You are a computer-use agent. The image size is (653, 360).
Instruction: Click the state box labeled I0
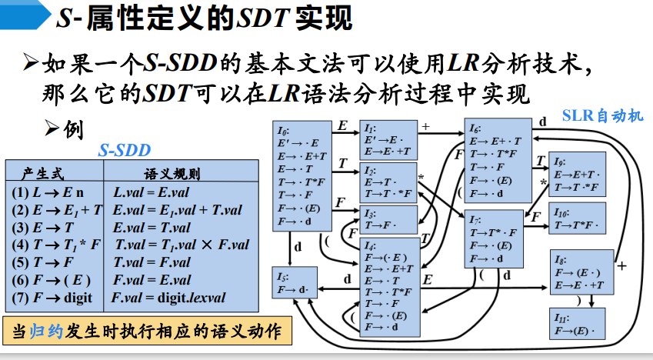point(302,175)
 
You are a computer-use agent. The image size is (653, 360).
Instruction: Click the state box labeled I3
point(388,218)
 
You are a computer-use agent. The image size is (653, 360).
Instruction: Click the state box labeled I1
point(388,140)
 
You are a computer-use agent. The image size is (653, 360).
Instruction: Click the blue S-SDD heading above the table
point(125,151)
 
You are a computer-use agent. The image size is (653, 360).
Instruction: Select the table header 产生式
point(43,175)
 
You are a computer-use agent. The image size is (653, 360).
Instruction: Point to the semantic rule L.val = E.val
point(150,192)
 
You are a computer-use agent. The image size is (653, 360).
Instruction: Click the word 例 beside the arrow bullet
point(74,128)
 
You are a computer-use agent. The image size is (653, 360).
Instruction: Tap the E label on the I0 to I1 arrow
point(342,125)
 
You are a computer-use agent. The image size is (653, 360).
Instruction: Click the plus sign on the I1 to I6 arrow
point(425,124)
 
